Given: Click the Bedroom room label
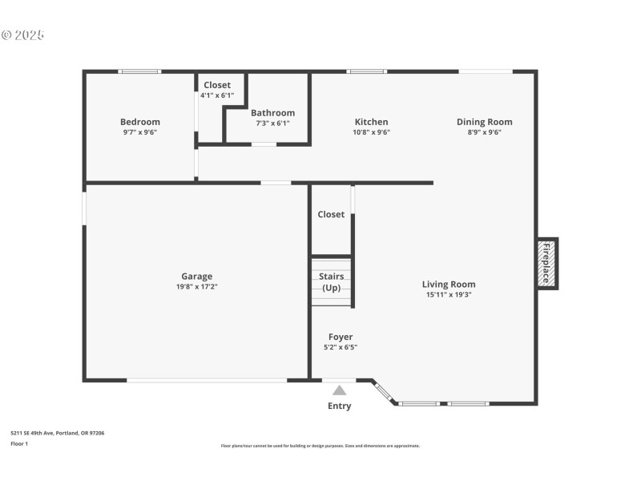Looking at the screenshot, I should [140, 122].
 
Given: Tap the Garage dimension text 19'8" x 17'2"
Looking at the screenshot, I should [196, 286].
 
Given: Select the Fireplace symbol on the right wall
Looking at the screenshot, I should [547, 264].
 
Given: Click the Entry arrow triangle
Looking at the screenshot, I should [340, 390].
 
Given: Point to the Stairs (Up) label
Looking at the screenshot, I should [332, 281].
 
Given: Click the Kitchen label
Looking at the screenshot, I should [371, 122].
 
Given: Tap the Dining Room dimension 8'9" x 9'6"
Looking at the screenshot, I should [484, 132].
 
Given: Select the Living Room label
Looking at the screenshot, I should [449, 284].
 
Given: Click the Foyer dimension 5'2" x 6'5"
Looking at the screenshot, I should [341, 347].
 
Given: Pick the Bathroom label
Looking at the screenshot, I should [272, 113].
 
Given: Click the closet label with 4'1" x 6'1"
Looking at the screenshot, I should [216, 85].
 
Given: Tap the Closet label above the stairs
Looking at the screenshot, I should [331, 214].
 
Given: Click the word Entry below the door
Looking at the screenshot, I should [339, 406].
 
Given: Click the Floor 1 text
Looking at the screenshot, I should [19, 443].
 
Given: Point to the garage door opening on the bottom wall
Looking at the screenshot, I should [207, 380].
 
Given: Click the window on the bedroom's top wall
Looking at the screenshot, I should [139, 71].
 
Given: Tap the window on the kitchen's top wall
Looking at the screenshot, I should [366, 71].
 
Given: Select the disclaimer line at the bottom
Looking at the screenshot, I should [320, 446].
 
